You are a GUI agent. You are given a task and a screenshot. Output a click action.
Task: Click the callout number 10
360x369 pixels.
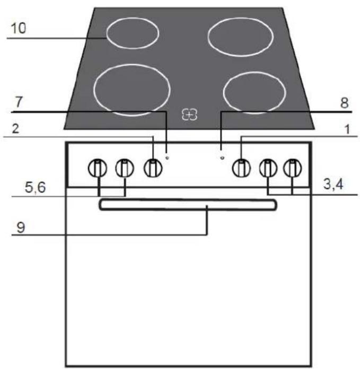pos(19,28)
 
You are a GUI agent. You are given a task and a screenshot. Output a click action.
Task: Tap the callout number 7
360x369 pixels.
pos(19,102)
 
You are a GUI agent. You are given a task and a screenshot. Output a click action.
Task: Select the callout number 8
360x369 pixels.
pos(345,103)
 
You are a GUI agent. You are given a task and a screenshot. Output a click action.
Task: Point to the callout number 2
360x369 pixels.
pos(15,129)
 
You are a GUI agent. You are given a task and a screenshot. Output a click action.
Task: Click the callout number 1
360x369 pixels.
pos(347,129)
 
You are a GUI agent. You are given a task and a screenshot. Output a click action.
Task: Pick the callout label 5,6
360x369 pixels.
pos(36,188)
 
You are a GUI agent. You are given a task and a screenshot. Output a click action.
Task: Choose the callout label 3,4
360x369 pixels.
pos(333,184)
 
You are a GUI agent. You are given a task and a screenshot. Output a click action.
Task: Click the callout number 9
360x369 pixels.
pos(21,227)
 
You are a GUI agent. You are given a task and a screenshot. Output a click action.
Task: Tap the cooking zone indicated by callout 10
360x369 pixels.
pos(133,33)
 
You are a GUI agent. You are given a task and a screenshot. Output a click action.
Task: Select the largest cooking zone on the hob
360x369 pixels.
pos(132,90)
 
